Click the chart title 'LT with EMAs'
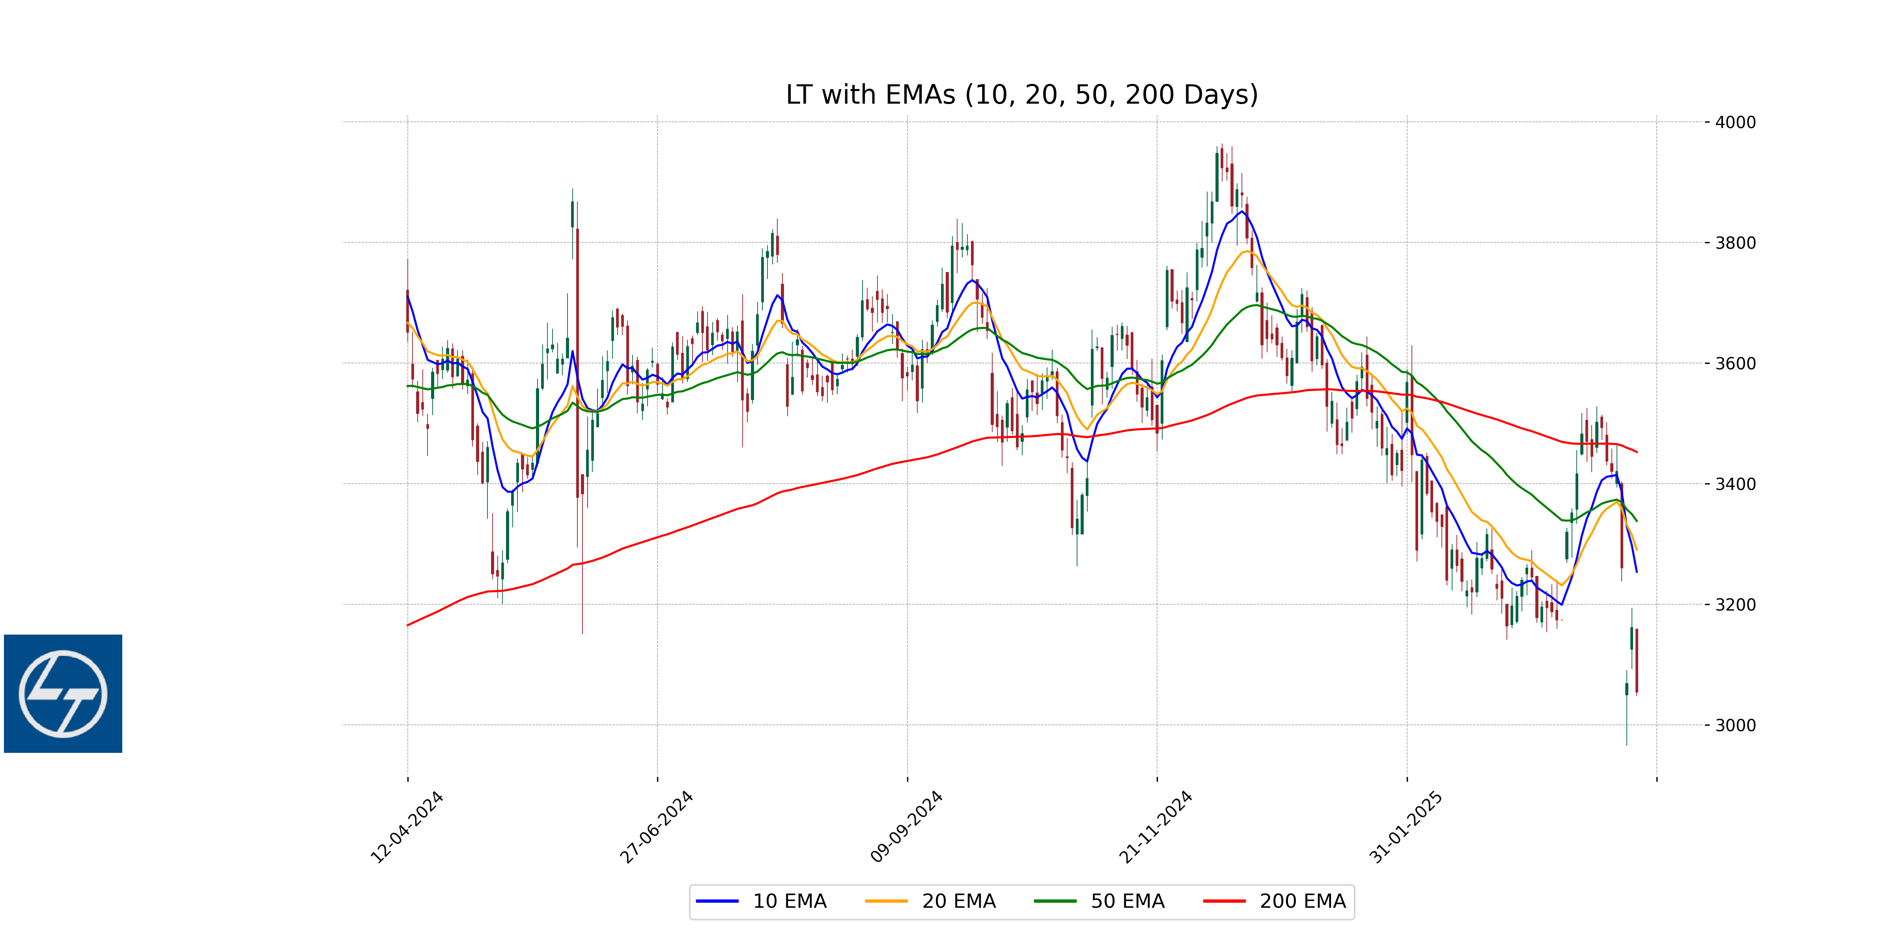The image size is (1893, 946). (x=1021, y=95)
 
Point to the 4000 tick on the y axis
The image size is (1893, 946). (x=1735, y=122)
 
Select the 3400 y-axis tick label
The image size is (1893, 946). (x=1735, y=484)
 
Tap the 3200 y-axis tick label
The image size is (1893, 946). (x=1735, y=605)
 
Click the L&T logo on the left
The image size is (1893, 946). (x=63, y=693)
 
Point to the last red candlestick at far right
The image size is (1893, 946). (x=1637, y=659)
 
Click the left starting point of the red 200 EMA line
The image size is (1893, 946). (x=408, y=625)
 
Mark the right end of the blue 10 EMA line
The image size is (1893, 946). (x=1637, y=572)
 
